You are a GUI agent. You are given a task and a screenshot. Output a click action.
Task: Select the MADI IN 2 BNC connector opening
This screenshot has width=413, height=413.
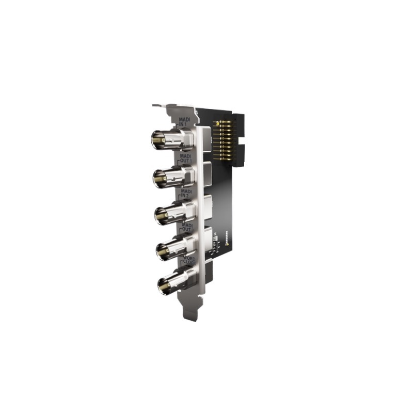coord(162,215)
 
